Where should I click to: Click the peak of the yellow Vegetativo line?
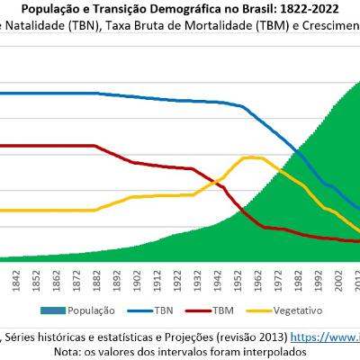250,157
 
